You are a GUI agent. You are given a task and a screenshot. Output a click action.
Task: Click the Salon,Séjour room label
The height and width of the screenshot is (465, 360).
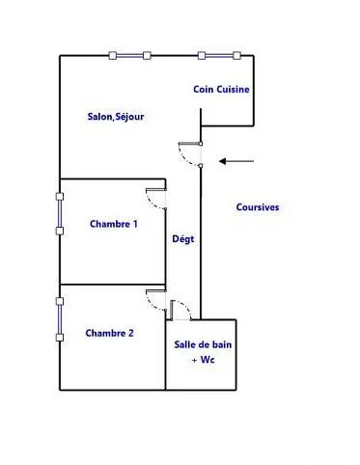click(x=116, y=117)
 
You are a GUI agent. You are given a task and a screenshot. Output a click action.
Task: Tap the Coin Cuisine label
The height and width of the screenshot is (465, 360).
click(x=221, y=89)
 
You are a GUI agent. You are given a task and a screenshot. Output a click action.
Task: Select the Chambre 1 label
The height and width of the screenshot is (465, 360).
click(x=114, y=224)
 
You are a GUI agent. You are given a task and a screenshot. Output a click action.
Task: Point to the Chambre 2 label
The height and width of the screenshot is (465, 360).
click(x=109, y=333)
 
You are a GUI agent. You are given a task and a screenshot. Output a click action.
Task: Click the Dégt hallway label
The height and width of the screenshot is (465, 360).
click(x=183, y=239)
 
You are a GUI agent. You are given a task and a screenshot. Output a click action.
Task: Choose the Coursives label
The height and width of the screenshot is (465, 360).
click(x=258, y=207)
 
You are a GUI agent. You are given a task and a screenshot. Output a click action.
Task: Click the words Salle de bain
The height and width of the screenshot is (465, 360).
click(x=203, y=344)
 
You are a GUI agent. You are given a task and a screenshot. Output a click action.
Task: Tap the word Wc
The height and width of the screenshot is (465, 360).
click(x=208, y=360)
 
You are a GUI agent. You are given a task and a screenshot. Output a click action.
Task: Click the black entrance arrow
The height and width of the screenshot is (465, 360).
click(x=236, y=161)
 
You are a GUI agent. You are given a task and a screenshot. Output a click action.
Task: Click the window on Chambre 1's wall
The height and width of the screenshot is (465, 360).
click(x=60, y=213)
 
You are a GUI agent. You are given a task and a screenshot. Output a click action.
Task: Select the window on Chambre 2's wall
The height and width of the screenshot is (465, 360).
click(x=60, y=319)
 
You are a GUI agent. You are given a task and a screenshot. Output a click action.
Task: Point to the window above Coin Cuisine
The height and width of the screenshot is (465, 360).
click(x=219, y=56)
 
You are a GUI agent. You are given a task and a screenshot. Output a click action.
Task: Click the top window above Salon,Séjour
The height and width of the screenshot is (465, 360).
click(x=129, y=56)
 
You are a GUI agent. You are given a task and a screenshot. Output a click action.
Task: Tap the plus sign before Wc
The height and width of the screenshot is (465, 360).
click(x=194, y=361)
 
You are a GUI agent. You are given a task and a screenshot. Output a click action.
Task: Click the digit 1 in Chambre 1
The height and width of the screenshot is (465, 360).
click(x=135, y=224)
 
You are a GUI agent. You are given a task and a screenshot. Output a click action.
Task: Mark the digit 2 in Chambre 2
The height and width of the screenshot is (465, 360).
click(x=130, y=333)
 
